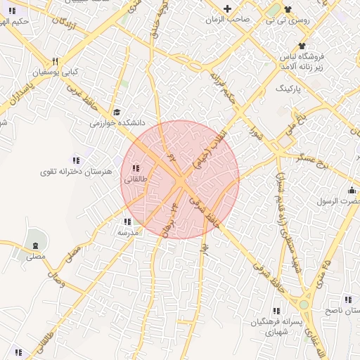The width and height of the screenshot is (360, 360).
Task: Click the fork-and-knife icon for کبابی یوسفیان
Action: pyautogui.click(x=56, y=60)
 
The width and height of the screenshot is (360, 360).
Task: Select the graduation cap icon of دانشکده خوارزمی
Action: pyautogui.click(x=117, y=112)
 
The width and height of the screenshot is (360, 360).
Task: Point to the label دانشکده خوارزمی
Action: pyautogui.click(x=105, y=122)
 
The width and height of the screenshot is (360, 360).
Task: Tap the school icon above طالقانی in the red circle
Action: pyautogui.click(x=135, y=169)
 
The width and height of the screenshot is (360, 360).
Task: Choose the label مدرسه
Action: pyautogui.click(x=127, y=232)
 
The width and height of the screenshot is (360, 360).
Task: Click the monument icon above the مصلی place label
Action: pyautogui.click(x=35, y=245)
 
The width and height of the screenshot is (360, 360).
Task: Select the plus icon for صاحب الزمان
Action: pyautogui.click(x=227, y=9)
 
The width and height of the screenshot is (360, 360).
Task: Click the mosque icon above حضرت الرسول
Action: pyautogui.click(x=351, y=191)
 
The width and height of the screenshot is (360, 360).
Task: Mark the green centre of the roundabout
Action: pyautogui.click(x=304, y=304)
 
